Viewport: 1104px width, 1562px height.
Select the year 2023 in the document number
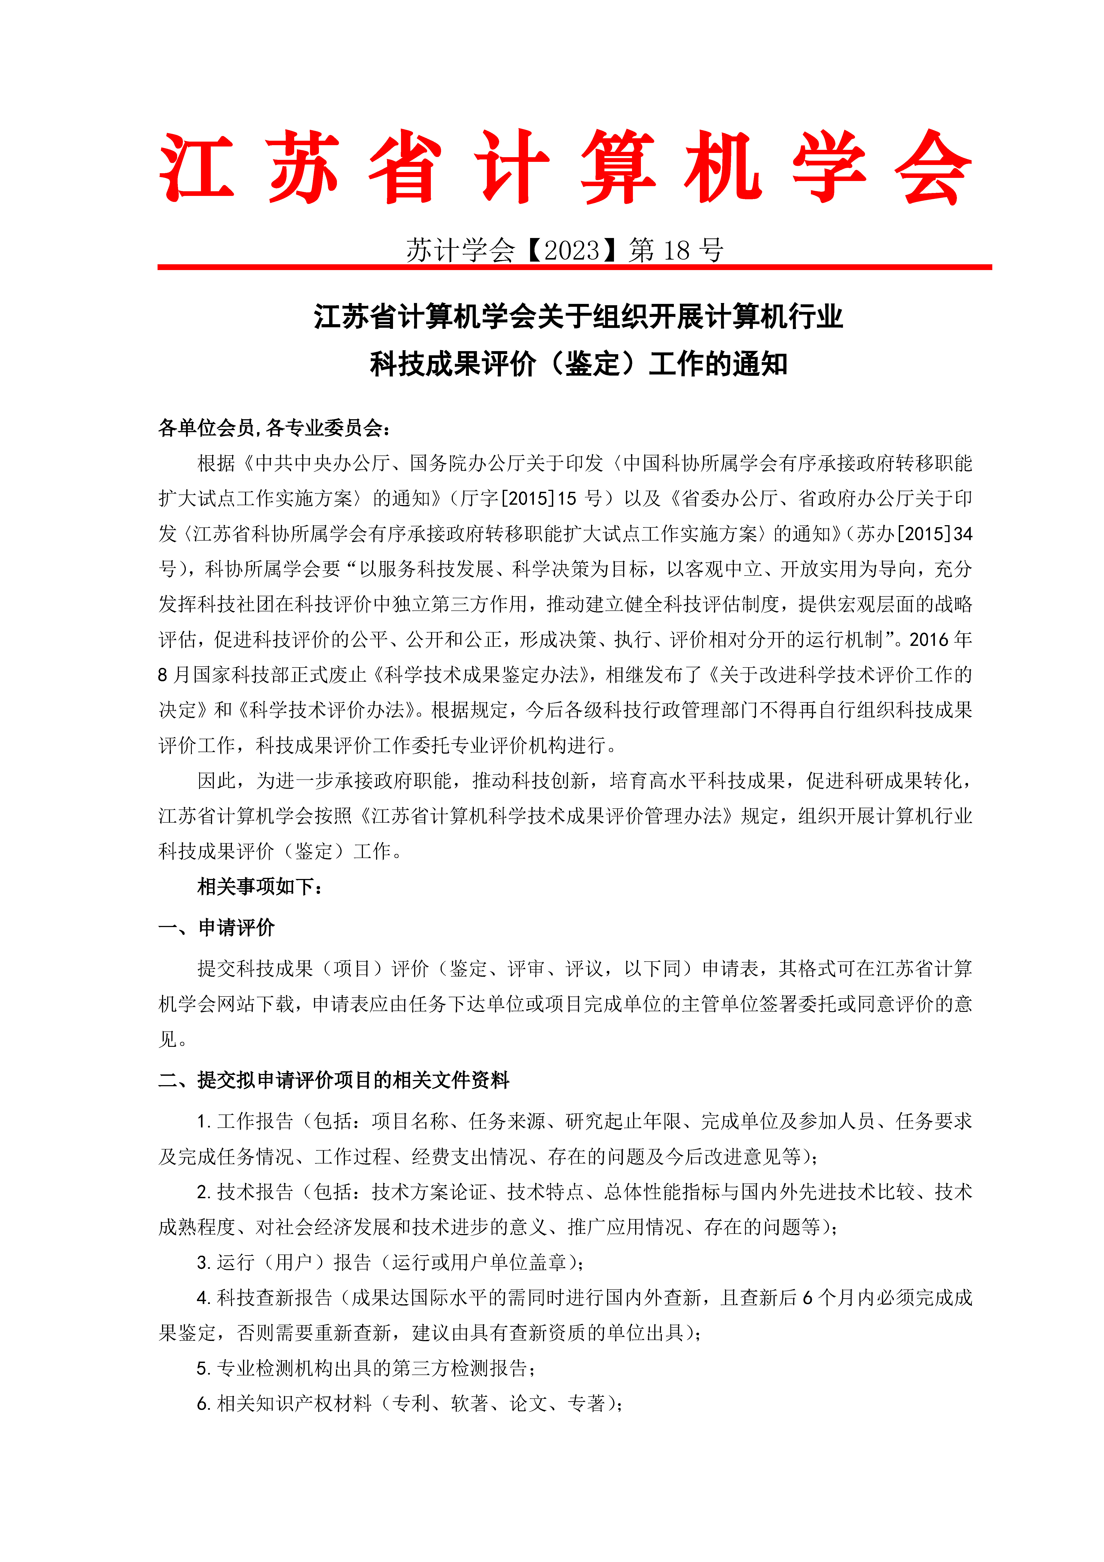click(x=571, y=250)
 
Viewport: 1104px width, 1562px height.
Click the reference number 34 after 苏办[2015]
click(x=962, y=534)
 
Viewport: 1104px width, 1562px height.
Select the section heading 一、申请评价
click(x=216, y=927)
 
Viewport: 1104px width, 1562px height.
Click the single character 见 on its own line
click(x=167, y=1039)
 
